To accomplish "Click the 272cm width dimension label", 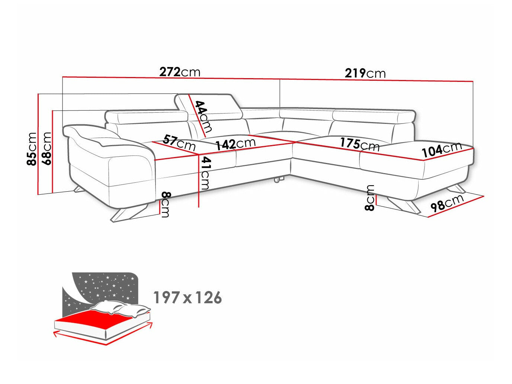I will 180,71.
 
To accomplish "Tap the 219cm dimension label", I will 365,73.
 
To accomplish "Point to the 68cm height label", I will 47,148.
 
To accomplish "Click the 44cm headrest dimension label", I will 203,116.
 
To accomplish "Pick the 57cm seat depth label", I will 179,142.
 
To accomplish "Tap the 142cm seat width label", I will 236,144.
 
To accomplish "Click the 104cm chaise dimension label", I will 442,150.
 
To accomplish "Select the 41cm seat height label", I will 205,173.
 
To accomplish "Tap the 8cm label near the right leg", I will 370,198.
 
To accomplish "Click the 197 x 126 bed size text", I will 188,298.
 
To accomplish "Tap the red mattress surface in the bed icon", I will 93,321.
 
